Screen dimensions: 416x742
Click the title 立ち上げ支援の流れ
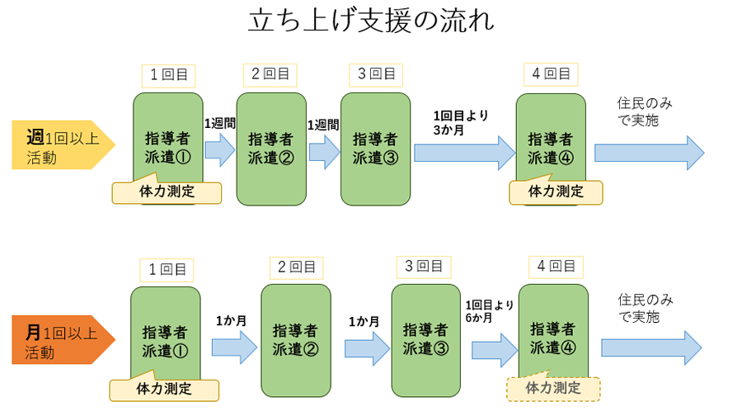371,21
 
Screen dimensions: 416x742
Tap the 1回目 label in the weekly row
168,74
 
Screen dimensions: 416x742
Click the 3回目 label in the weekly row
375,74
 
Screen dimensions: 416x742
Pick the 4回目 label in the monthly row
556,267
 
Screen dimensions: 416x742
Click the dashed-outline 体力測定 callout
552,388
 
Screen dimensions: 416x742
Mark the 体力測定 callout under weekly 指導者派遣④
556,191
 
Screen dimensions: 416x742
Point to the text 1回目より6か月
490,311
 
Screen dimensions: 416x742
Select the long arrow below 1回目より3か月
464,153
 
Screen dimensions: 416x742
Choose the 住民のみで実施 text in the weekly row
644,111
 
